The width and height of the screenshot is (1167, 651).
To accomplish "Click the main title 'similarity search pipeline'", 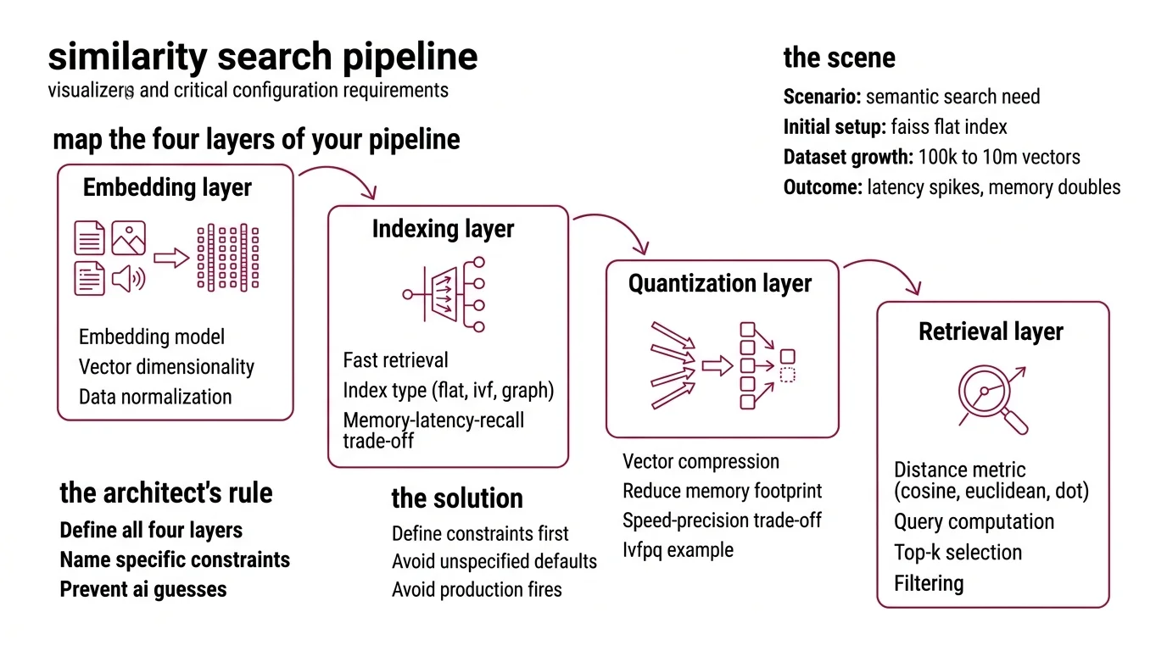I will click(262, 57).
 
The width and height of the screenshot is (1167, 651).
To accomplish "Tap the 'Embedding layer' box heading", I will click(167, 187).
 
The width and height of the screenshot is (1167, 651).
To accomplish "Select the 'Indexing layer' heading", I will click(443, 229).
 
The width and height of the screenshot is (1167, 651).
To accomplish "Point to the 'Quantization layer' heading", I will click(719, 284).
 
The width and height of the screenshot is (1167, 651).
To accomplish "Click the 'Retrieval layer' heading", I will click(991, 331).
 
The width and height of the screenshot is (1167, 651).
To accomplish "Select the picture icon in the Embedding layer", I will click(128, 238).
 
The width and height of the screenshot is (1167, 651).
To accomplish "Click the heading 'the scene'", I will click(839, 58).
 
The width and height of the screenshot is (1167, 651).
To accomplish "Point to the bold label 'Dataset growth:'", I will click(846, 157).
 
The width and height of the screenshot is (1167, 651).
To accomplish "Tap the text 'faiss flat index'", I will click(948, 127).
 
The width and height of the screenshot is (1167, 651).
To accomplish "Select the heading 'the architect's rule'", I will click(166, 492).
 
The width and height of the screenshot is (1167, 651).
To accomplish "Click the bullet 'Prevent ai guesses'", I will click(143, 589).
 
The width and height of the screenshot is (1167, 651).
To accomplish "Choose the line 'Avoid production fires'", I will click(477, 589).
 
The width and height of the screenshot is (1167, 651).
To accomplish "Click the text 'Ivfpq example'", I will click(678, 549).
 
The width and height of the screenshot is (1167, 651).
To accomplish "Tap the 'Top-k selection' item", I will click(958, 553).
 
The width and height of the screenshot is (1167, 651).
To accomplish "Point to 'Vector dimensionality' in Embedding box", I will click(166, 367).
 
